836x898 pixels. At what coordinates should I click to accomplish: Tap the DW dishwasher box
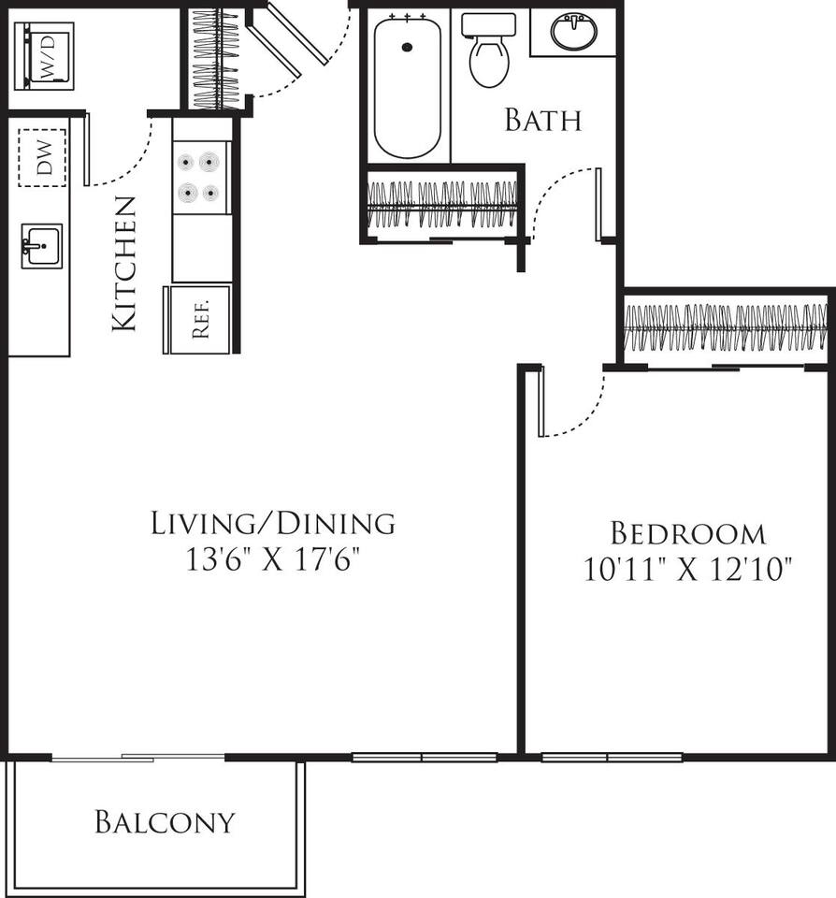coord(43,158)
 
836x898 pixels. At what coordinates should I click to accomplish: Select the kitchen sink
coord(41,246)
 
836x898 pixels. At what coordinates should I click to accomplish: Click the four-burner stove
coord(201,177)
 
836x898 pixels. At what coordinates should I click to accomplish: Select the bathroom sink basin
coord(572,32)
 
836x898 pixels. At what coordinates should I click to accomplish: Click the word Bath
coord(542,121)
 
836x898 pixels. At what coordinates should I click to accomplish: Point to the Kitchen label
coord(124,264)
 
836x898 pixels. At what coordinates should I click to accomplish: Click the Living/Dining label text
coord(272,523)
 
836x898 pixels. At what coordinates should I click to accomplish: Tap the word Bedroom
coord(687,534)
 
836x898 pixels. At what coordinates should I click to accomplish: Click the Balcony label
coord(165,822)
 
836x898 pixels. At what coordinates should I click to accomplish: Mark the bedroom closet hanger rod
coord(725,328)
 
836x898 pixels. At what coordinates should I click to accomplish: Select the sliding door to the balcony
coord(137,757)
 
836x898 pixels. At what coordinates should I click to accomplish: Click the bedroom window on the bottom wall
coord(612,757)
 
